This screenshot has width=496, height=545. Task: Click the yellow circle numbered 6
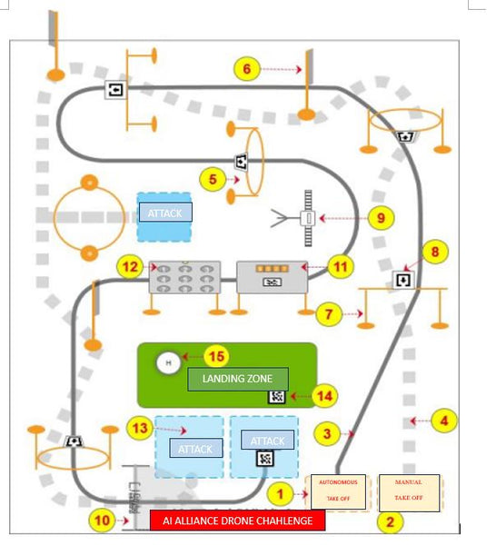246,68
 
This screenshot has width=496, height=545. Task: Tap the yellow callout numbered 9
382,218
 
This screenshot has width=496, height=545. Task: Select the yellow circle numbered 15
214,357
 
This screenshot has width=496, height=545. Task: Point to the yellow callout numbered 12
131,267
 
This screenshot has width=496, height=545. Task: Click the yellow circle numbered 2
390,521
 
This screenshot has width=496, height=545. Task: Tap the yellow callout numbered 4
443,421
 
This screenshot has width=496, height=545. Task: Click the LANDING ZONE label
237,378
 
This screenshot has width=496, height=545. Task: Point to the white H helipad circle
168,363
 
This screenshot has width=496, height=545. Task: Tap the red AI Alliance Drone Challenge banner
237,520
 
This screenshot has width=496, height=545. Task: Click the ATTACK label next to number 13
194,450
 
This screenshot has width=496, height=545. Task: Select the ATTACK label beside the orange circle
164,213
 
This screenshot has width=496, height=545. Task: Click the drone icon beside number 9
308,219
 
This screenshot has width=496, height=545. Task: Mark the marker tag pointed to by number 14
277,396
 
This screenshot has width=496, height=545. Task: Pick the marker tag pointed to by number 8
402,279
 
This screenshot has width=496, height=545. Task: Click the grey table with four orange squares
272,276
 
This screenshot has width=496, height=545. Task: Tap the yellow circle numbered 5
213,180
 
